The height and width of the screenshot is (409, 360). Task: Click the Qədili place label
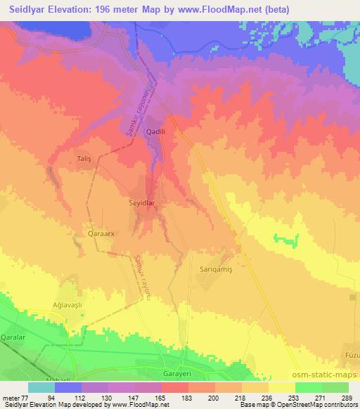[155, 131]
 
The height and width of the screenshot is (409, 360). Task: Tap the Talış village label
[84, 160]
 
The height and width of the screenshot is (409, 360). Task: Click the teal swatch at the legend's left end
[41, 387]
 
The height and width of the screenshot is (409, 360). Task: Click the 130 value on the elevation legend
[105, 397]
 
